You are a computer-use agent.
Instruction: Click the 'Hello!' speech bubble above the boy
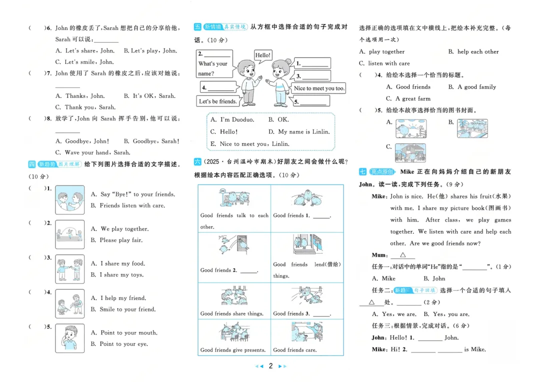(263, 55)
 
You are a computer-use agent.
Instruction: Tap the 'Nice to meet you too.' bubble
(318, 88)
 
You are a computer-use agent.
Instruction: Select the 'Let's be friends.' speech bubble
(218, 101)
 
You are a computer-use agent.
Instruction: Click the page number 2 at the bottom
(270, 366)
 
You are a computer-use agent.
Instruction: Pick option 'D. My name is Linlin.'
(299, 131)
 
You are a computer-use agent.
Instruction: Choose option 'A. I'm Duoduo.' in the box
(232, 119)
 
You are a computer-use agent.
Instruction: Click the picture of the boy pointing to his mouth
(70, 338)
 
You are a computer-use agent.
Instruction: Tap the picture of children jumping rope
(70, 234)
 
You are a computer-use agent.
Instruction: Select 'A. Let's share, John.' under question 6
(85, 50)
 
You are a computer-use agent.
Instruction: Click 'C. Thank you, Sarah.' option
(85, 107)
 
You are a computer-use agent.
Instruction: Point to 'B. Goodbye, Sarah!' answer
(151, 141)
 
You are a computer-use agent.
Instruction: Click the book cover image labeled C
(410, 152)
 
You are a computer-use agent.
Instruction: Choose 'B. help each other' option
(473, 51)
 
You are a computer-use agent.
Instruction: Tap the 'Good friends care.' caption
(295, 350)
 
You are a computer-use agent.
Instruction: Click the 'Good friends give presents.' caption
(233, 350)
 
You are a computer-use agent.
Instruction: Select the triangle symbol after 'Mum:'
(402, 255)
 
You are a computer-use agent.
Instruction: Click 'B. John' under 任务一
(434, 278)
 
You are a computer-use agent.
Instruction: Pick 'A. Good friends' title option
(408, 87)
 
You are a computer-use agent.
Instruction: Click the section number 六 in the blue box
(197, 161)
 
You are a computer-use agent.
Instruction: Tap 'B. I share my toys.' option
(117, 274)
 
